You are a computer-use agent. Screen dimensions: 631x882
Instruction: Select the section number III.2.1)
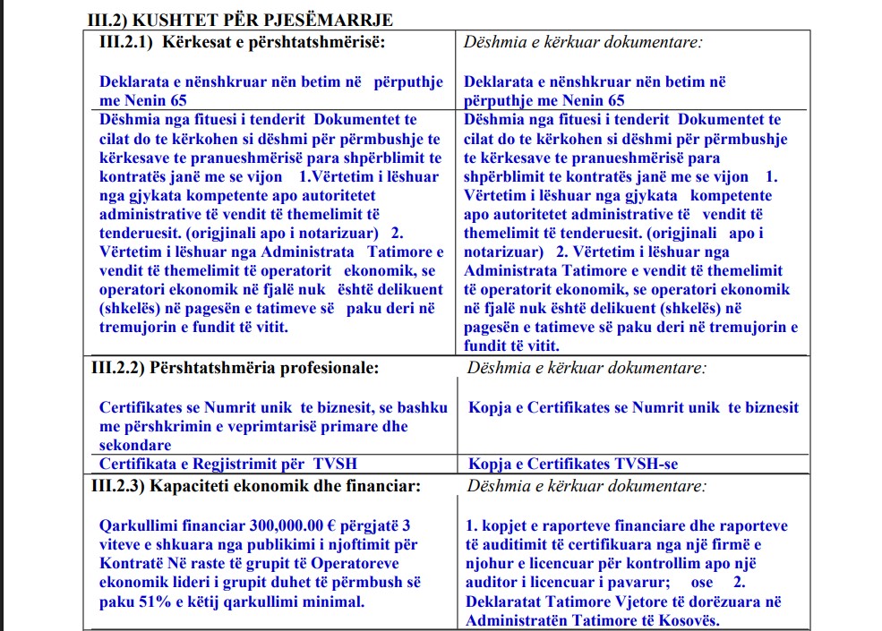click(125, 42)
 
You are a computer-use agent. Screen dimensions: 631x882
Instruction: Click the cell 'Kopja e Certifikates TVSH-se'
click(574, 464)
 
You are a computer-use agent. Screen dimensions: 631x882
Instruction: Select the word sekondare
click(135, 445)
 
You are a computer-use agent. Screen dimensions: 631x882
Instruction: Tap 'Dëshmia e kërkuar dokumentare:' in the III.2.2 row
click(587, 367)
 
